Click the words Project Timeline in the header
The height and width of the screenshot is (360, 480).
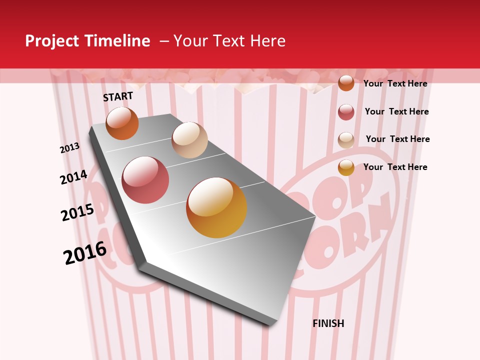(x=87, y=41)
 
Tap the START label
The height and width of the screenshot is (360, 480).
(x=118, y=96)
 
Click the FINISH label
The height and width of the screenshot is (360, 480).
(x=328, y=323)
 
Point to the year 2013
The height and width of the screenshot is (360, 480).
(x=69, y=148)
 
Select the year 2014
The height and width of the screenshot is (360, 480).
(x=73, y=177)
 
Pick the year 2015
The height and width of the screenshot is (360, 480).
(x=77, y=212)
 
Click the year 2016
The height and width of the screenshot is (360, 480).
(x=85, y=252)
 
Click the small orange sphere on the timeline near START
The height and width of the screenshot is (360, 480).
(x=122, y=123)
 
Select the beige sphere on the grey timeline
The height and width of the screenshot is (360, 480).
(x=189, y=140)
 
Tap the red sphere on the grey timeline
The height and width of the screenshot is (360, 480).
(x=145, y=180)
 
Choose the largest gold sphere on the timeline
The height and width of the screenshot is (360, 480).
(x=216, y=207)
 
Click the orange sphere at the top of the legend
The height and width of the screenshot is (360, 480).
(x=346, y=83)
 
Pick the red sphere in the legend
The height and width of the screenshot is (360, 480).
(x=346, y=112)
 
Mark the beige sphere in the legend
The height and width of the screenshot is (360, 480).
(x=346, y=140)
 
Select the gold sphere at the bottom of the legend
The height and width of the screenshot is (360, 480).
(x=346, y=167)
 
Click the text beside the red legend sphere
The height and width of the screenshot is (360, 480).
(x=396, y=111)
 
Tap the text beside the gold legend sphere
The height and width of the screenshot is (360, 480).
(x=395, y=167)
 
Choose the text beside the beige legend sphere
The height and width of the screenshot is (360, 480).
(x=397, y=139)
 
